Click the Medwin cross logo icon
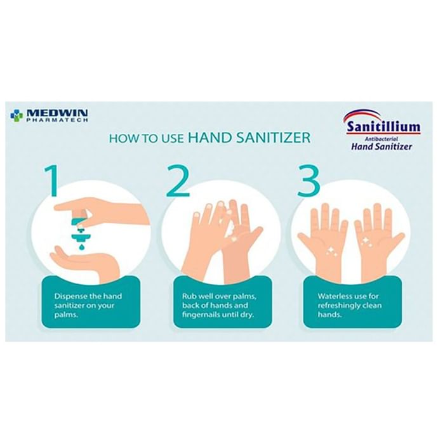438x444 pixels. click(16, 115)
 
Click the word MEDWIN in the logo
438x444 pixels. click(57, 113)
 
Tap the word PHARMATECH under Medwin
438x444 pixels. click(57, 120)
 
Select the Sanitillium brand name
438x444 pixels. click(384, 127)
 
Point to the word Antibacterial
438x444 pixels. click(382, 139)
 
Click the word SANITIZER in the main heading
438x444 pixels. click(274, 138)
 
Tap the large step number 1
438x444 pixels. click(52, 181)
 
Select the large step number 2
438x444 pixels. click(178, 181)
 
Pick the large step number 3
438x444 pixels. click(309, 181)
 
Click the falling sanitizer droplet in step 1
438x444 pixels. click(82, 247)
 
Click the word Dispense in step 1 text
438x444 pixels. click(70, 296)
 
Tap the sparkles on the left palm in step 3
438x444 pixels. click(331, 251)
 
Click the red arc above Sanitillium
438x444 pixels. click(362, 115)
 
